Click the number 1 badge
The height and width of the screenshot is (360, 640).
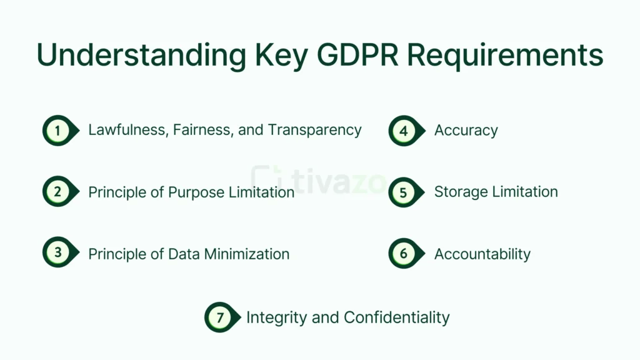pos(57,131)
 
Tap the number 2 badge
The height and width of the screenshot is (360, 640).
pos(57,192)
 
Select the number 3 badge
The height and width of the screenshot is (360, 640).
pos(57,253)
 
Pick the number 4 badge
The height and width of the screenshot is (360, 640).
pos(404,131)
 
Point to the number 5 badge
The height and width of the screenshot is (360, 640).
pos(404,192)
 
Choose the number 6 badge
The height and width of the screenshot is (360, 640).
pos(404,253)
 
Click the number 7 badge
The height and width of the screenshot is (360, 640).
pos(220,317)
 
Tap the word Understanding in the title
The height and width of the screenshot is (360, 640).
pos(141,55)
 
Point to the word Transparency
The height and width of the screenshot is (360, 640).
pos(315,130)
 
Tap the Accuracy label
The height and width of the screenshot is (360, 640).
pos(466,131)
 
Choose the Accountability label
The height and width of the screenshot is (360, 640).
pos(482,254)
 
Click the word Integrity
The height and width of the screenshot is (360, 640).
pos(276,317)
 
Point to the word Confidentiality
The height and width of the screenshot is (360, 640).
pos(396,317)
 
